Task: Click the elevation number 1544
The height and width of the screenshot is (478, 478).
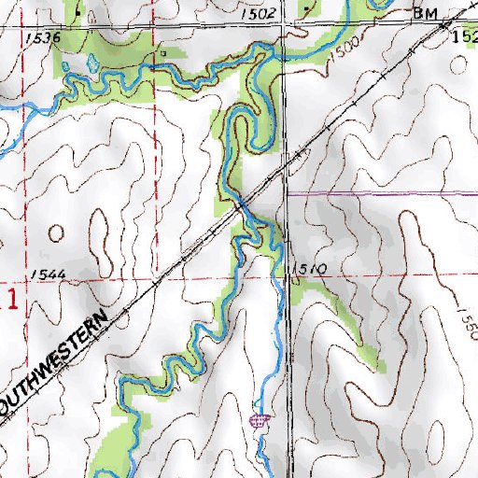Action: (45, 274)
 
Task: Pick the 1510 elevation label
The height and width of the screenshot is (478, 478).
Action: (309, 269)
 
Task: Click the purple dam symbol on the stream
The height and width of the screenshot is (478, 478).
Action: (260, 419)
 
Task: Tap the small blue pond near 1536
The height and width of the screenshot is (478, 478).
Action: (91, 63)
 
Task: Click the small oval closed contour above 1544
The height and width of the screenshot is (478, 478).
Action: (58, 231)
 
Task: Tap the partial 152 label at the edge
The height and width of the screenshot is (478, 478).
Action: (463, 37)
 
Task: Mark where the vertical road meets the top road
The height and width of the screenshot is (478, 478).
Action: (285, 26)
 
